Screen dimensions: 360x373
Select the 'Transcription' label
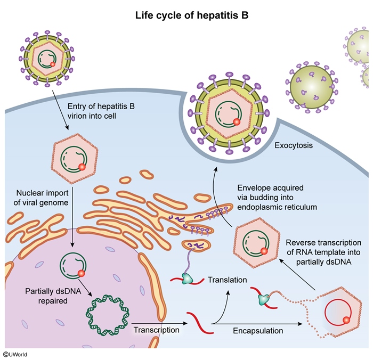point(156,330)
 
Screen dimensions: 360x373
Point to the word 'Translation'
point(228,280)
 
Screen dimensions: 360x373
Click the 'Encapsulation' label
point(258,331)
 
